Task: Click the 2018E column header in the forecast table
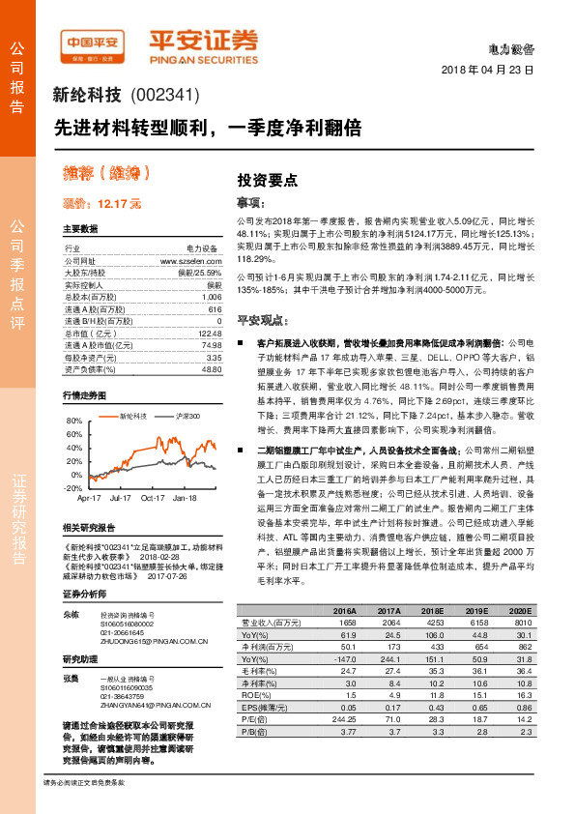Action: [x=431, y=613]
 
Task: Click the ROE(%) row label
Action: [x=255, y=694]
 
